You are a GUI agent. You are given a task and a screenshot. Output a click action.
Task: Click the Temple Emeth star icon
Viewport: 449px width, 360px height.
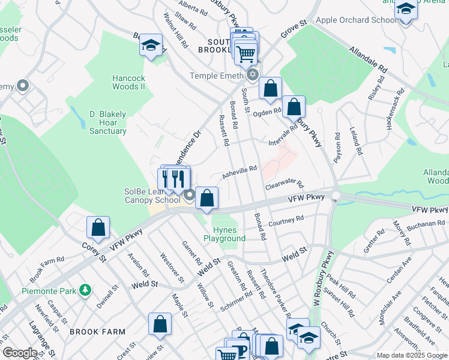coord(253,75)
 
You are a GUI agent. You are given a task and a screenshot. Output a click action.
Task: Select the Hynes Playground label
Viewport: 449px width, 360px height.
coord(229,234)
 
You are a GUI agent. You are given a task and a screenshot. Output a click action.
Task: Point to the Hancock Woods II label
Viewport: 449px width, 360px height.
coord(129,82)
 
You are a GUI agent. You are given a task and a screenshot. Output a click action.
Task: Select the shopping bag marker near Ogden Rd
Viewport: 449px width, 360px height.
coord(271,89)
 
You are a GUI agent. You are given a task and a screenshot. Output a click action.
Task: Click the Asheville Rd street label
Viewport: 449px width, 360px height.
coord(240,172)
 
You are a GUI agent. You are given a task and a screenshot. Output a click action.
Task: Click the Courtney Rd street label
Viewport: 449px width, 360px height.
coord(286,222)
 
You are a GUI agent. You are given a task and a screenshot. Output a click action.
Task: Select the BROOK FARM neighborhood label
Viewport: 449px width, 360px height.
coord(97,331)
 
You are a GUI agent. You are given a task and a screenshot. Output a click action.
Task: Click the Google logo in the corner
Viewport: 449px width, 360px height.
coord(19,353)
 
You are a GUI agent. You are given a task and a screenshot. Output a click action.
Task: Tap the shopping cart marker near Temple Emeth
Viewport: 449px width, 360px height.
coord(246,53)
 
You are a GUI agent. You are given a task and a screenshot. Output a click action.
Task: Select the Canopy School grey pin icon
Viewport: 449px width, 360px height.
coord(190,196)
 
